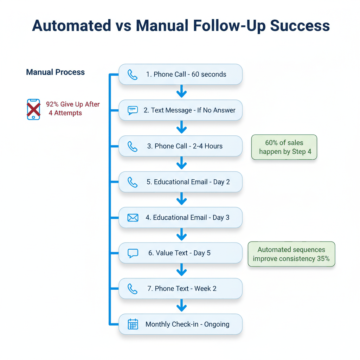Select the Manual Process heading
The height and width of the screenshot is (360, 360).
[55, 72]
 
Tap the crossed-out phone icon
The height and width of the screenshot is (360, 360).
[33, 109]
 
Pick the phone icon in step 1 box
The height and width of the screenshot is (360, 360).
[133, 75]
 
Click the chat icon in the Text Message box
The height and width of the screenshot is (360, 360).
[133, 110]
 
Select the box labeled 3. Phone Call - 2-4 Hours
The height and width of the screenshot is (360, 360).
[180, 146]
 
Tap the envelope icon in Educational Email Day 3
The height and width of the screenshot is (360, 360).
[133, 218]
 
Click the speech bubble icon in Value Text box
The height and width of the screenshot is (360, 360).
[133, 253]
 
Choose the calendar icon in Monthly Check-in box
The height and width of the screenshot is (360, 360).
[133, 324]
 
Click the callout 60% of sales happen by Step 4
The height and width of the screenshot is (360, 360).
[284, 147]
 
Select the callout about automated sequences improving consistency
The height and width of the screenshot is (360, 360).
[291, 254]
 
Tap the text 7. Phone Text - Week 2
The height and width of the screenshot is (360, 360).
[182, 289]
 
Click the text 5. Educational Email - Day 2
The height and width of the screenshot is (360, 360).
[188, 182]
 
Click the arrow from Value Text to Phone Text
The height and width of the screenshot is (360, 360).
[181, 270]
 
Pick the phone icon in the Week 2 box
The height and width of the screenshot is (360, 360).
[133, 289]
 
